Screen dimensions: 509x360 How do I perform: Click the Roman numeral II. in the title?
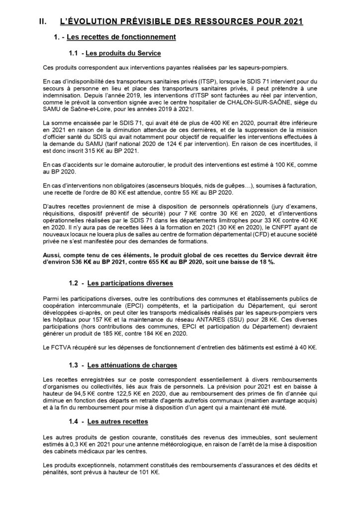[43, 21]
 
